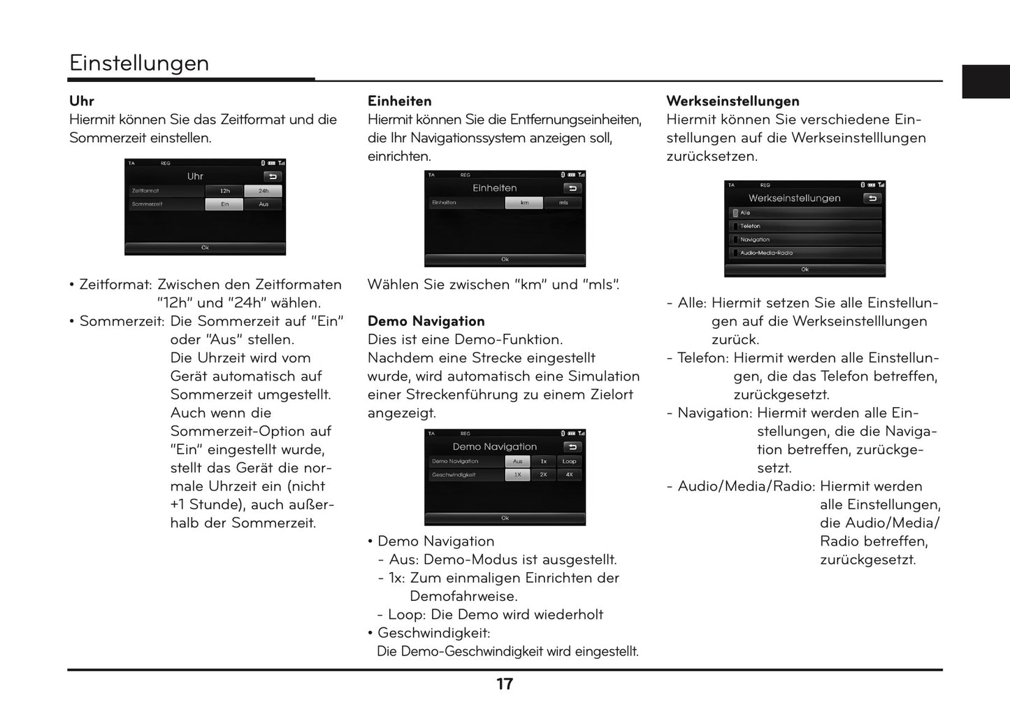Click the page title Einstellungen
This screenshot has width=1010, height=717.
tap(139, 63)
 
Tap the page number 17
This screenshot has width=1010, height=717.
tap(505, 684)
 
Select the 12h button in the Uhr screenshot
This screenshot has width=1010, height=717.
tap(224, 191)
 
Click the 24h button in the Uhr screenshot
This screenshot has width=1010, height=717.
tap(264, 191)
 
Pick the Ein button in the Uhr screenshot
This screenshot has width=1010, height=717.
tap(224, 204)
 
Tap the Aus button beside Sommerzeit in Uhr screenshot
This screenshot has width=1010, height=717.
tap(264, 204)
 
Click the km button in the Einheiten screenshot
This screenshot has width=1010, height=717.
tap(524, 203)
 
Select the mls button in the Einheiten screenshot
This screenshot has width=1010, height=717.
tap(563, 203)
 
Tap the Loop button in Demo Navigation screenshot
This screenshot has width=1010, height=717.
tap(570, 462)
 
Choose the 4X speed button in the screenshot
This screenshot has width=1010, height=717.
tap(570, 475)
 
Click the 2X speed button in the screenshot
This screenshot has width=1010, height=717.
tap(543, 475)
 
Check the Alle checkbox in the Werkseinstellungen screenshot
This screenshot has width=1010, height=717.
tap(735, 213)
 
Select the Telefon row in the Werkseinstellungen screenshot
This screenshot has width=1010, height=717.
tap(804, 226)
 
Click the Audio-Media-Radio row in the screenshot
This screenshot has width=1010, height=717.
tap(804, 253)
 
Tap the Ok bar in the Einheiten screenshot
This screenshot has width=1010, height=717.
tap(505, 260)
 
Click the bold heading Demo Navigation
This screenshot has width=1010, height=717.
tap(426, 321)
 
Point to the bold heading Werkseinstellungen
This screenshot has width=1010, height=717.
tap(733, 101)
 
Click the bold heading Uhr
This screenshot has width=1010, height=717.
tap(81, 101)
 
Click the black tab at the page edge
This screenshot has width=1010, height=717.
tap(986, 82)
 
